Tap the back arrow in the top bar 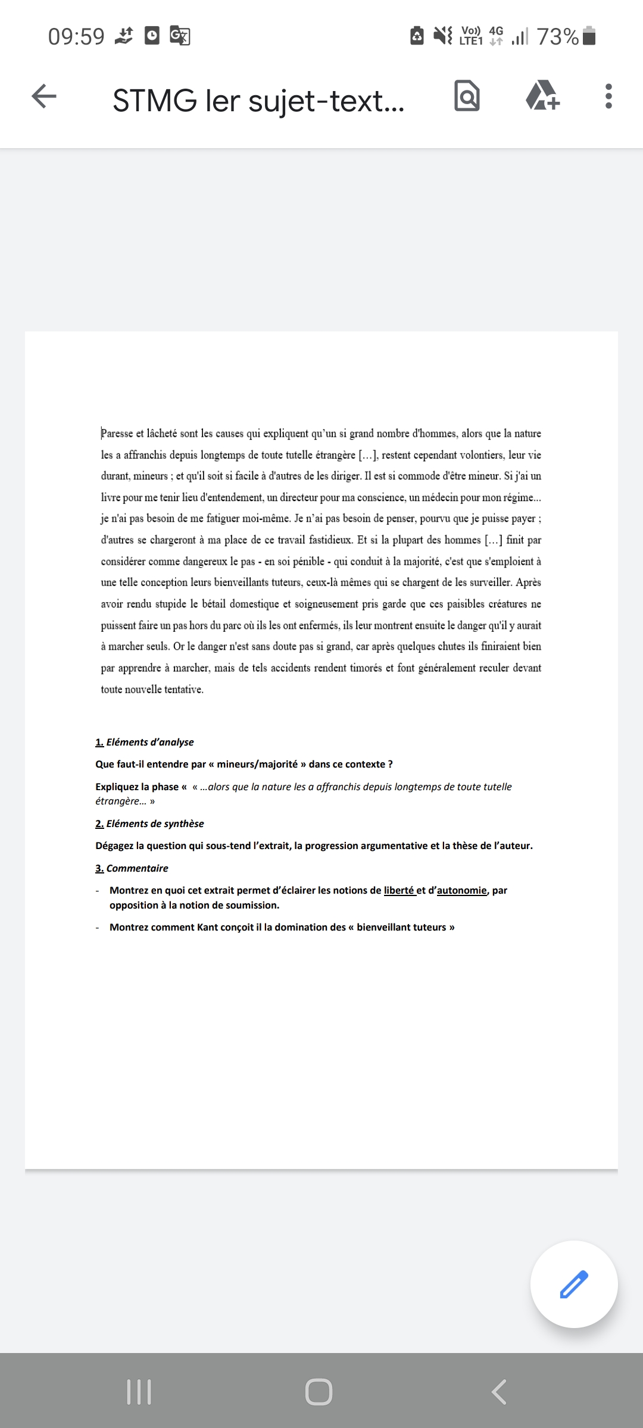tap(44, 96)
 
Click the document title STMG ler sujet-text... tap(258, 100)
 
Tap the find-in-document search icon tap(467, 96)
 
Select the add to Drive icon tap(542, 96)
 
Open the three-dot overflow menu tap(608, 96)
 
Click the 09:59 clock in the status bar tap(76, 37)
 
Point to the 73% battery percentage tap(557, 37)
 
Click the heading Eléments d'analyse tap(149, 742)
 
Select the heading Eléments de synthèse tap(155, 823)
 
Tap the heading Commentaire tap(137, 868)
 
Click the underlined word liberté tap(398, 890)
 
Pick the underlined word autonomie tap(461, 890)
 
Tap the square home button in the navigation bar tap(319, 1392)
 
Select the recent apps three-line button tap(139, 1392)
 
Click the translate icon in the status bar tap(180, 36)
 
